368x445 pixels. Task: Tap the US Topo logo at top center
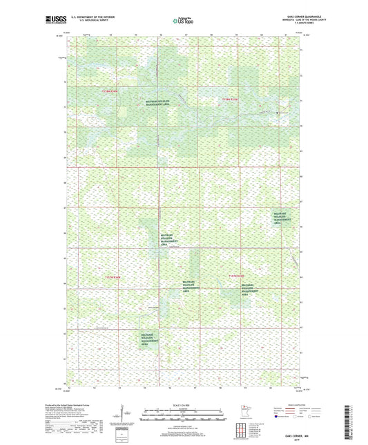(184, 21)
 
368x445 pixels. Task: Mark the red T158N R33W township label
(231, 100)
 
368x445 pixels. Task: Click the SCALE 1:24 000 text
(184, 404)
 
